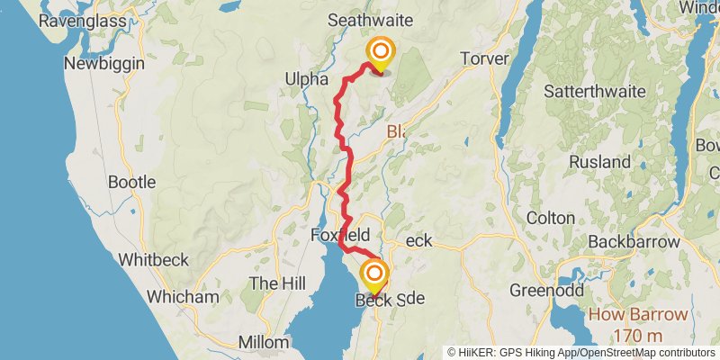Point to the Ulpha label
(307, 79)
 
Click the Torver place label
(484, 58)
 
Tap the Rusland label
(600, 163)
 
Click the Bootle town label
(131, 182)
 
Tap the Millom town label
(265, 342)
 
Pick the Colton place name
(551, 218)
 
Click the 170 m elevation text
(639, 335)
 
